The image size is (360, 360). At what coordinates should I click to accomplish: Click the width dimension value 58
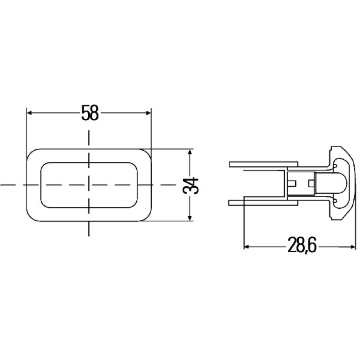click(90, 113)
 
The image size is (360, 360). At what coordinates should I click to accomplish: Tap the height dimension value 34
click(192, 185)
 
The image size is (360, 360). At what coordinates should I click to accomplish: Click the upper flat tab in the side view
click(263, 164)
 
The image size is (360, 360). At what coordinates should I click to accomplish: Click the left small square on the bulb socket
click(293, 184)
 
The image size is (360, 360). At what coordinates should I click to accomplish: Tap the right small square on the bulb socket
click(310, 184)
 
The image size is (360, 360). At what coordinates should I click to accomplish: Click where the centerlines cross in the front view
click(89, 185)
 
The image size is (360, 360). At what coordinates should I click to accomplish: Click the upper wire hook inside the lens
click(335, 167)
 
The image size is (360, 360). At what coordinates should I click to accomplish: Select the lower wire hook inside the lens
click(335, 200)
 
